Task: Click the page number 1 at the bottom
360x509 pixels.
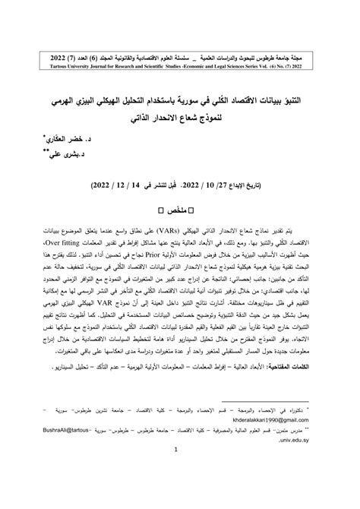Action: click(x=180, y=469)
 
